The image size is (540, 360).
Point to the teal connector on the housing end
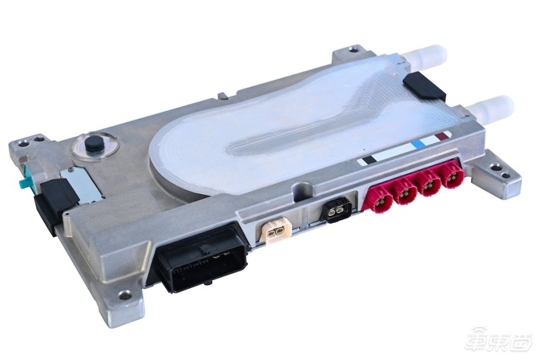click(x=27, y=177)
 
